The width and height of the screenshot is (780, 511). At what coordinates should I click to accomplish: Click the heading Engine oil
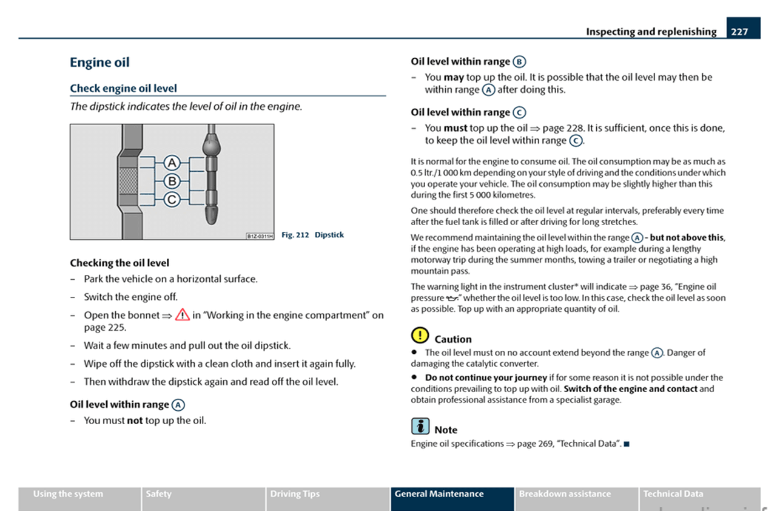(x=99, y=63)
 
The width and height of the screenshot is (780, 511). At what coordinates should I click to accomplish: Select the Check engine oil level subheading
(x=123, y=88)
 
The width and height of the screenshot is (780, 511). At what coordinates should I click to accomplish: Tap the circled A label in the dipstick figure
(x=172, y=163)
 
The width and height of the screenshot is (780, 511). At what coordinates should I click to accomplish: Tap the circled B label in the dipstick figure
(x=172, y=180)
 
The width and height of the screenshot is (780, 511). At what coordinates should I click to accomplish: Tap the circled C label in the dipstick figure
(x=172, y=198)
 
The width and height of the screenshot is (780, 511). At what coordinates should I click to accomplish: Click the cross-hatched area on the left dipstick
(x=127, y=181)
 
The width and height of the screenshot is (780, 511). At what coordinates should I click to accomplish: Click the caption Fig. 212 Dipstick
(x=312, y=235)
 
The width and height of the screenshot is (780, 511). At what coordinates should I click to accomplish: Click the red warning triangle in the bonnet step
(x=182, y=315)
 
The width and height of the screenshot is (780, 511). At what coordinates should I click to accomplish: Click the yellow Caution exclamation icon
(x=419, y=335)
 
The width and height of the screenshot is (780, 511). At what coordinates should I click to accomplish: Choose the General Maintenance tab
(x=451, y=494)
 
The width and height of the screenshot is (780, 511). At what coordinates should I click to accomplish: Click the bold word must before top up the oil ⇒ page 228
(x=455, y=128)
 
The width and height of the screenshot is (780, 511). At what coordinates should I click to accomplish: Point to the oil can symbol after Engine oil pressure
(x=452, y=299)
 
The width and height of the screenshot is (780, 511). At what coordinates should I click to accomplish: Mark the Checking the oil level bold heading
(x=119, y=263)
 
